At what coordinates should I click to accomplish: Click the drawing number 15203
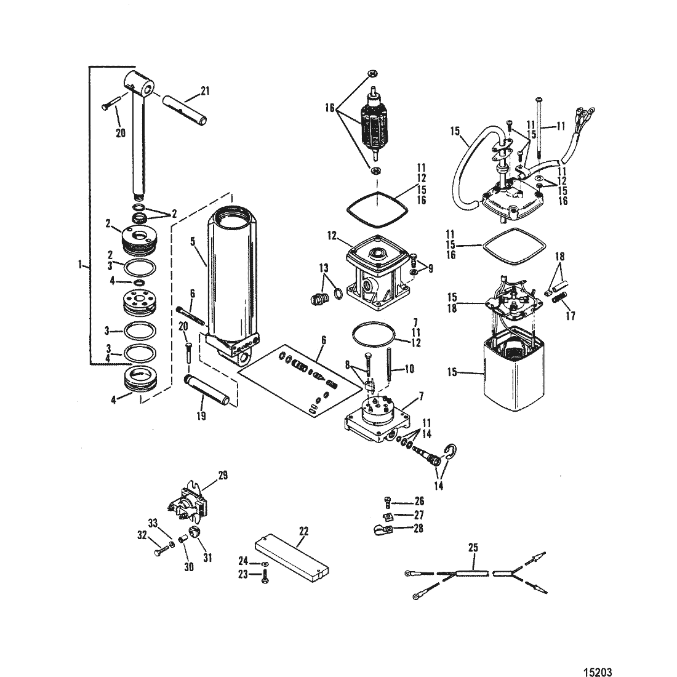pyautogui.click(x=598, y=671)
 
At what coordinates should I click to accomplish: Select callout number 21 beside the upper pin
pyautogui.click(x=205, y=90)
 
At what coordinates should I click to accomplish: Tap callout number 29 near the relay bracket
pyautogui.click(x=223, y=475)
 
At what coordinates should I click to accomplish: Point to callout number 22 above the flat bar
pyautogui.click(x=304, y=531)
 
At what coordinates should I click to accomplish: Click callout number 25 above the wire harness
pyautogui.click(x=473, y=548)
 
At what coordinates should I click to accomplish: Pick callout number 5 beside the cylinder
pyautogui.click(x=193, y=241)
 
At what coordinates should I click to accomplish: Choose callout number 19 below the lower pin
pyautogui.click(x=201, y=415)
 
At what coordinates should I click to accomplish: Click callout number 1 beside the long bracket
pyautogui.click(x=80, y=264)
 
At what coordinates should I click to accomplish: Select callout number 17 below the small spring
pyautogui.click(x=571, y=316)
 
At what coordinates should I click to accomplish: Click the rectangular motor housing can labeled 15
pyautogui.click(x=513, y=371)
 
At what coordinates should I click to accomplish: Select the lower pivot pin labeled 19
pyautogui.click(x=206, y=390)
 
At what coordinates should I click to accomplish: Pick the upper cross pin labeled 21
pyautogui.click(x=185, y=111)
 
